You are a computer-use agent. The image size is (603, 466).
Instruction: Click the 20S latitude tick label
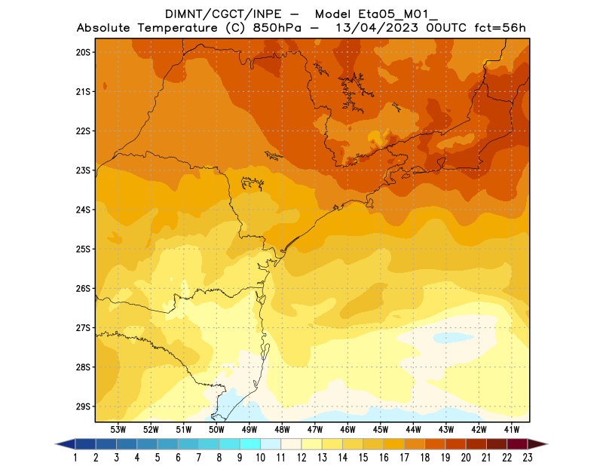click(82, 52)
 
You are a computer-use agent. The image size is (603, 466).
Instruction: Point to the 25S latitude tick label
click(82, 249)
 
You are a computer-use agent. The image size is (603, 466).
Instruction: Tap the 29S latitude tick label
click(82, 406)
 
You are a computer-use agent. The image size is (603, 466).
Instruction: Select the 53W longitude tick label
click(118, 429)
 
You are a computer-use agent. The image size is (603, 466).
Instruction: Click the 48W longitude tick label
click(282, 429)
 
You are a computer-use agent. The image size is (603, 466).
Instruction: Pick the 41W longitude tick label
click(512, 429)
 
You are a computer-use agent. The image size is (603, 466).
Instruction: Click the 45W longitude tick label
click(381, 429)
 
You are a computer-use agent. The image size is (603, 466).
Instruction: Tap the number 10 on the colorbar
click(261, 457)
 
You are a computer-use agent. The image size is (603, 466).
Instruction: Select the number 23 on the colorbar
click(528, 457)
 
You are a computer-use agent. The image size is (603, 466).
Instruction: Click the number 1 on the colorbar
click(76, 457)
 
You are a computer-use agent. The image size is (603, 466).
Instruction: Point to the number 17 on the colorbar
click(405, 457)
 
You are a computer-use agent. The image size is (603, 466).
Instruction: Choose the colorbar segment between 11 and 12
click(292, 444)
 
